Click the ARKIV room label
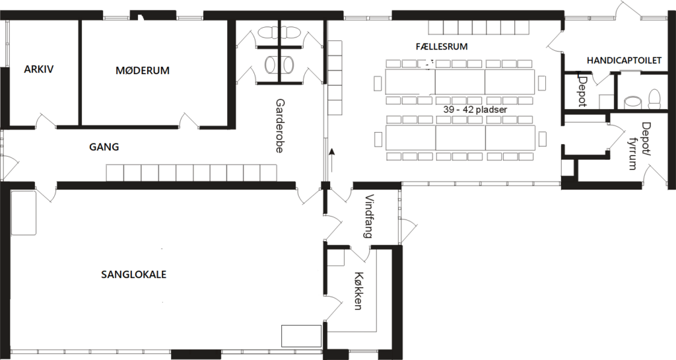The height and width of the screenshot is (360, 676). tap(39, 69)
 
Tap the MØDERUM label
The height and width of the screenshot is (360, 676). tap(143, 70)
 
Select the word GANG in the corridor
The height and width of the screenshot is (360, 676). tap(104, 147)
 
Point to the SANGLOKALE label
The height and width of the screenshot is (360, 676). tap(133, 275)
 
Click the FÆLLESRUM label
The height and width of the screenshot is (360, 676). tap(442, 46)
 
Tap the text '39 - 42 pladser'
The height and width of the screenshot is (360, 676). tap(475, 110)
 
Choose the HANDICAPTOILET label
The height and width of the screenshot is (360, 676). tap(624, 61)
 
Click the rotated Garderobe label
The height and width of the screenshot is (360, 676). tap(280, 126)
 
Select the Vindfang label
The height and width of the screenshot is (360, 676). tap(368, 217)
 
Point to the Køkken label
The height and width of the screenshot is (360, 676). tap(358, 291)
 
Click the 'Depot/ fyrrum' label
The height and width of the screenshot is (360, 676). tap(639, 146)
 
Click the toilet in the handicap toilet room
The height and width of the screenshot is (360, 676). tap(654, 99)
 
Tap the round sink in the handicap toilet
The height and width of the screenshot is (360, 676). tap(632, 102)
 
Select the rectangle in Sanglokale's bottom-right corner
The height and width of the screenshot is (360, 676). tap(301, 336)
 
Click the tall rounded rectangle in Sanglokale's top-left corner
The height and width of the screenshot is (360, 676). tap(23, 213)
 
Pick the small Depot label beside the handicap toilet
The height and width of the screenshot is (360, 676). tap(582, 91)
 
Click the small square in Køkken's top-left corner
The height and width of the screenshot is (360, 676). tap(336, 258)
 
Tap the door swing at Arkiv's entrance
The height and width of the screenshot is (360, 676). tap(46, 121)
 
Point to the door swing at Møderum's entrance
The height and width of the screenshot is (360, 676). tap(189, 121)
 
